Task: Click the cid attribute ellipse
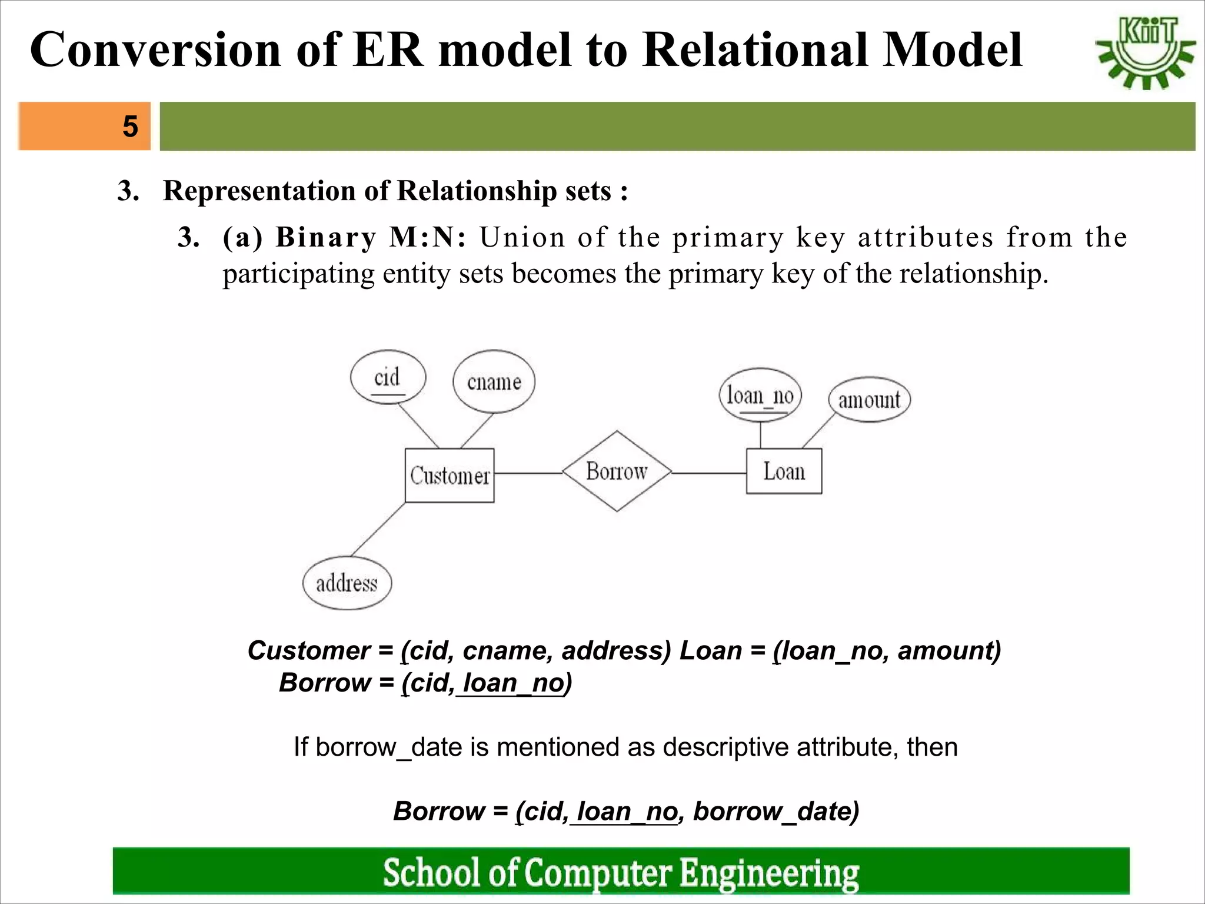(388, 377)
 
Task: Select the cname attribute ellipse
(494, 382)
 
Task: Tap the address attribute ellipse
(347, 583)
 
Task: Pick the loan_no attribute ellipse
(760, 395)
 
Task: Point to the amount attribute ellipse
(869, 400)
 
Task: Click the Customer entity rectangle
(450, 476)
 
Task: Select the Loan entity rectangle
(784, 471)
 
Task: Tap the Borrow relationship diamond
(617, 471)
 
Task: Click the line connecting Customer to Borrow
(528, 473)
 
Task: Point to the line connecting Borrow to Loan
(709, 473)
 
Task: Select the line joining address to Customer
(378, 529)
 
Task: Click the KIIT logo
(1145, 52)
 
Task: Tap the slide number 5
(130, 127)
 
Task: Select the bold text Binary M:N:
(371, 238)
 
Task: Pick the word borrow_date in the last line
(775, 811)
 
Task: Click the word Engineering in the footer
(770, 872)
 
